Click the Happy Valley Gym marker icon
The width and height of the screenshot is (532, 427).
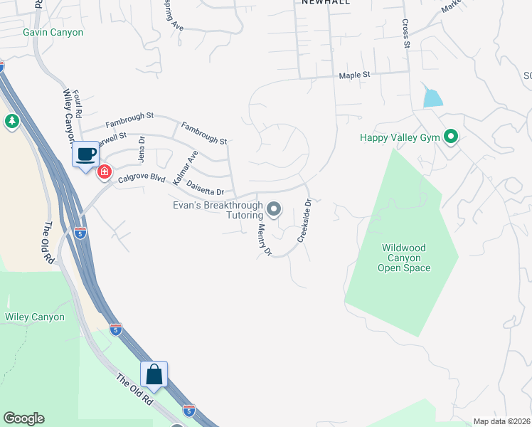[x=449, y=137]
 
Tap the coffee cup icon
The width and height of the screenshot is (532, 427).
[x=86, y=154]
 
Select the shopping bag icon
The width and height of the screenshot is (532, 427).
[x=154, y=374]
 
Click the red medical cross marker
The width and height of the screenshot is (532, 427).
[x=104, y=172]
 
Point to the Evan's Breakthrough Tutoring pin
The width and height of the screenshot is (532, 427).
[x=274, y=209]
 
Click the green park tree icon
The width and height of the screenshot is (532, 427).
[x=11, y=122]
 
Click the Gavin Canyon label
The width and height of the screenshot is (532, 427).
[x=53, y=33]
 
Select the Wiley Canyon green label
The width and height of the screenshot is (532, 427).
[x=34, y=317]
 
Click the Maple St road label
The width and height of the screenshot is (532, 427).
[x=355, y=75]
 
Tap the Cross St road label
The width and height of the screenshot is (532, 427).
[x=407, y=34]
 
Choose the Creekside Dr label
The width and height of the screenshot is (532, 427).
[x=304, y=221]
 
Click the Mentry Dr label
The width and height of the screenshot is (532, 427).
[x=265, y=240]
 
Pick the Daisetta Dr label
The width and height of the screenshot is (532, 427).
[x=205, y=188]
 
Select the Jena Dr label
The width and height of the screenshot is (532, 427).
[x=141, y=149]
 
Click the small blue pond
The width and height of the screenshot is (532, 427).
[x=432, y=96]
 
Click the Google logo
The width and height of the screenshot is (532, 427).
[x=23, y=418]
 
